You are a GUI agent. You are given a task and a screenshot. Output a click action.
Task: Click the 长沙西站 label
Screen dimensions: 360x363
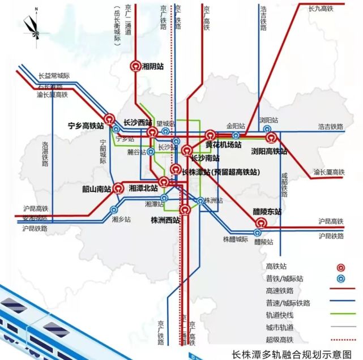click(137, 122)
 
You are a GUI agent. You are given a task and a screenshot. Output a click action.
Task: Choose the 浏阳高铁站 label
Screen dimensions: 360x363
click(269, 151)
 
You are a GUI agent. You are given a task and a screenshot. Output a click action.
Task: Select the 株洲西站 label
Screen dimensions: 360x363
click(165, 219)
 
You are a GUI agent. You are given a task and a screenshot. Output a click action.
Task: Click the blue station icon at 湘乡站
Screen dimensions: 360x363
click(114, 209)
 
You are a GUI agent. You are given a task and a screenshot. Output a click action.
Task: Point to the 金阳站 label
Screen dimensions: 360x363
click(234, 126)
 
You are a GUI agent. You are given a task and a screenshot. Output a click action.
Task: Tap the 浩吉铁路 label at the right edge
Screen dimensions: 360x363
click(331, 127)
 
